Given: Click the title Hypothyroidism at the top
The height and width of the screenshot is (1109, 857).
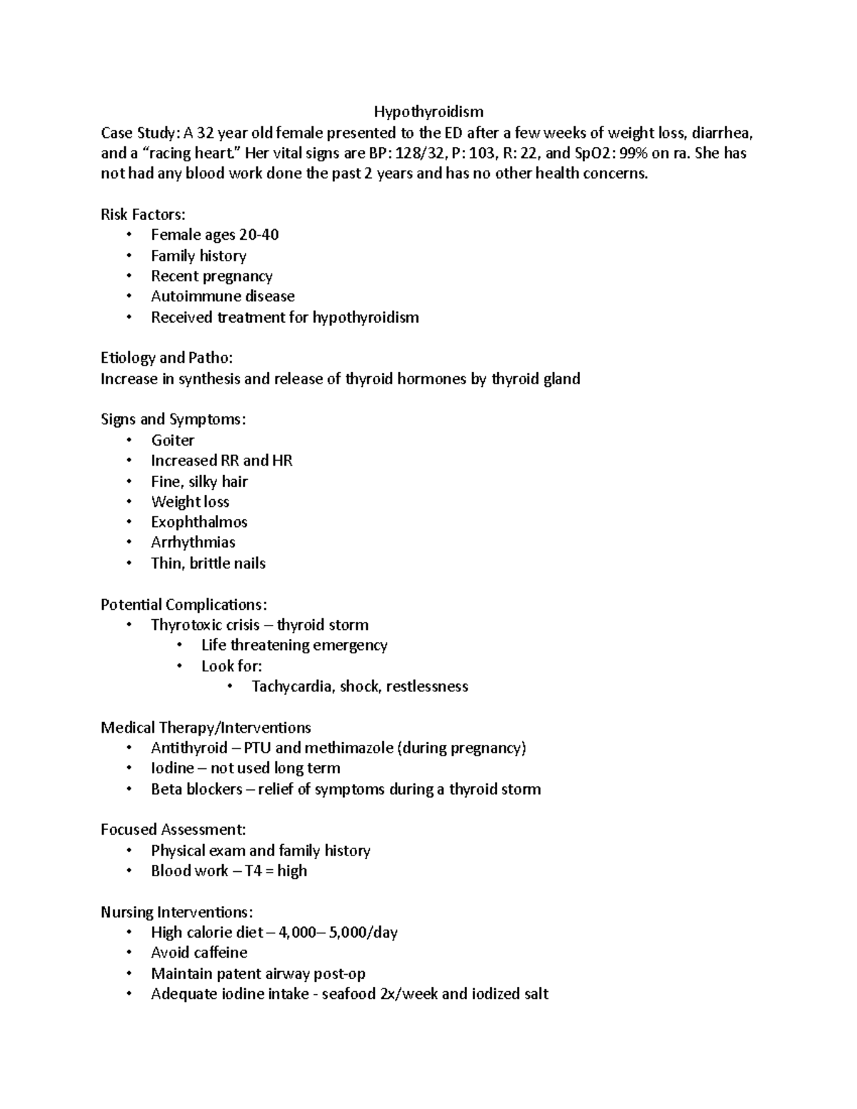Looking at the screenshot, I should coord(428,112).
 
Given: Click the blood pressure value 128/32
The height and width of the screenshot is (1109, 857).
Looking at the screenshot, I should coord(417,153).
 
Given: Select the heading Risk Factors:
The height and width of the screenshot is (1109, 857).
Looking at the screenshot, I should coord(143,214).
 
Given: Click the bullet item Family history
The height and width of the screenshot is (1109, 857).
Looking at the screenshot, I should coord(199,256).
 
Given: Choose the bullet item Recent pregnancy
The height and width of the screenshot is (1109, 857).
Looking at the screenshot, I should coord(211,276).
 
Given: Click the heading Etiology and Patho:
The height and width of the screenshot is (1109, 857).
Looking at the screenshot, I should coord(166,358).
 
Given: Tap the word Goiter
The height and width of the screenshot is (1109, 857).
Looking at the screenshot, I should coord(173,441).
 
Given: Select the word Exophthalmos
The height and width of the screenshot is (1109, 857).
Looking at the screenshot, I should coord(199,522).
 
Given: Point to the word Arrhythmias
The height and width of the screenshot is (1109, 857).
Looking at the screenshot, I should coord(193,543).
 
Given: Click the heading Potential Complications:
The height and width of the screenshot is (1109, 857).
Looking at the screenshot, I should coord(184,605).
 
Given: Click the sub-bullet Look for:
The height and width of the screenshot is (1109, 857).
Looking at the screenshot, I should coord(231,666).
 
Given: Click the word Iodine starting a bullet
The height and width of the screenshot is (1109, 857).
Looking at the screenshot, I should coord(172,768).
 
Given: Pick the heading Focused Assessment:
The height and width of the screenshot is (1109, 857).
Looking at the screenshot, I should coord(174,830).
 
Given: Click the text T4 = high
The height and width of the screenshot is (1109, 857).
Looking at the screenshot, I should coord(276,871).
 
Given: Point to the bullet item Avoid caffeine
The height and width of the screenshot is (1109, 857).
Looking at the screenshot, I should coord(199,953).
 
